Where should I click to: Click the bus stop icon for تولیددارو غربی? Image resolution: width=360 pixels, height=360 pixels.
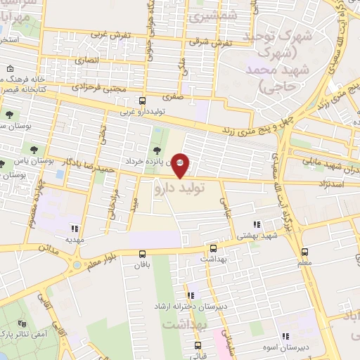pos(143,101)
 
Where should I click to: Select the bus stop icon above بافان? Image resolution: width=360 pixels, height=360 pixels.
pos(143,254)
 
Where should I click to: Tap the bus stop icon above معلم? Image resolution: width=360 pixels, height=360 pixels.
pos(304,251)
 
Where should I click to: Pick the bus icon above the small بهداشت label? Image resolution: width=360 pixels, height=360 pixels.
pos(213,248)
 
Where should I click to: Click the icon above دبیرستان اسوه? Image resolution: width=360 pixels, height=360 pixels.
pos(285,337)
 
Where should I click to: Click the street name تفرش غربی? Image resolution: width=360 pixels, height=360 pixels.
pos(101,34)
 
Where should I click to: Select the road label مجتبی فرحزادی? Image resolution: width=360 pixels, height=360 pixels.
pos(100,88)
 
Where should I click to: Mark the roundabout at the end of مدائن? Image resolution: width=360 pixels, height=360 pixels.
pos(75,265)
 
